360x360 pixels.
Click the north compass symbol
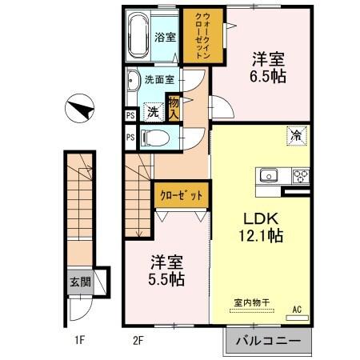(79, 108)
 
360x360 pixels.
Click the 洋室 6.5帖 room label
(268, 68)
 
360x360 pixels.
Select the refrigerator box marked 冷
(296, 135)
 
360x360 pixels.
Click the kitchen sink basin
(267, 174)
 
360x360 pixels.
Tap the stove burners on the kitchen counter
(302, 175)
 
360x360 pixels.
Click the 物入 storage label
(173, 105)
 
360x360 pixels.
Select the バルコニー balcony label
(268, 342)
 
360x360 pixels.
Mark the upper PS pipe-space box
(130, 115)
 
